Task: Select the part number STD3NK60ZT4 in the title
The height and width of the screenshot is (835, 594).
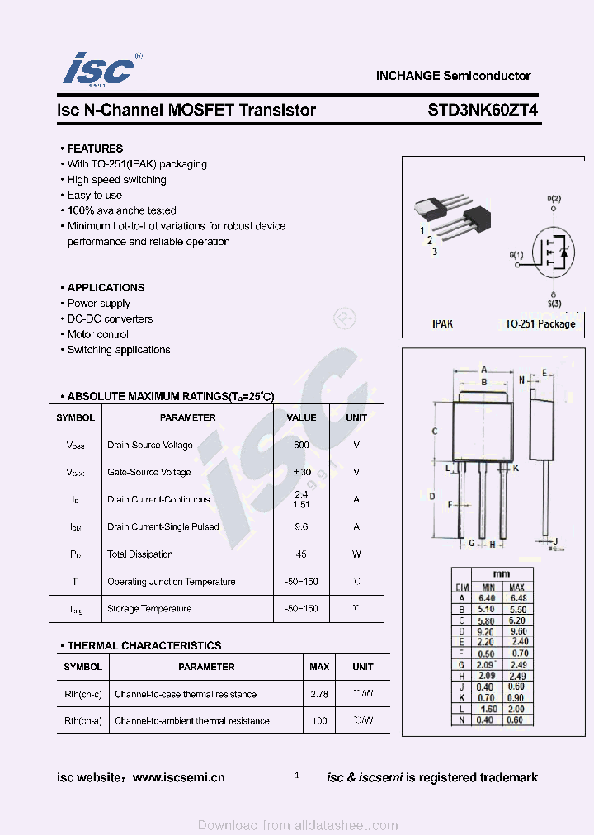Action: coord(483,110)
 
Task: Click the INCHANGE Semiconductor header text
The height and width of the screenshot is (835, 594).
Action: coord(453,76)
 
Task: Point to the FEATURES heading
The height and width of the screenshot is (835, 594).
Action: coord(95,149)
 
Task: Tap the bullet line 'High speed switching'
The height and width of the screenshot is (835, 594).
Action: coord(116,180)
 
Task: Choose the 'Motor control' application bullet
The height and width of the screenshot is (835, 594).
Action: coord(97,334)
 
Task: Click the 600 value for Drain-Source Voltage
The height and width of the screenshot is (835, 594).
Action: coord(301,445)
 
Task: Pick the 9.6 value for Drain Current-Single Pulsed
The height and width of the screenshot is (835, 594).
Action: coord(301,526)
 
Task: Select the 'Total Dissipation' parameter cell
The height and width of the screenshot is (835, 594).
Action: coord(140,554)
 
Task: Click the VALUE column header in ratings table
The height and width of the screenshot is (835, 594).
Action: coord(301,417)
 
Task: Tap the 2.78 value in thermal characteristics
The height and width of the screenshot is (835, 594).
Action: coord(319,694)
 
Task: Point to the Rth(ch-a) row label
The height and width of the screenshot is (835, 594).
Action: coord(83,721)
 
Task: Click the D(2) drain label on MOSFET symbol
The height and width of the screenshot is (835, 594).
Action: coord(554,200)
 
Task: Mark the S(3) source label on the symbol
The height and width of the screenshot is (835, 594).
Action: coord(554,304)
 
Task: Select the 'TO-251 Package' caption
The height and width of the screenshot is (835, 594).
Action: coord(540,324)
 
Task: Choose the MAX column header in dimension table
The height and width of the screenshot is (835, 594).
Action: coord(517,586)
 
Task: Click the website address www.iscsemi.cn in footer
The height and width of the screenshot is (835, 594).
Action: coord(178,777)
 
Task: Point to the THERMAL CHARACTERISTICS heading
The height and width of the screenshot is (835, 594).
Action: coord(144,646)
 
